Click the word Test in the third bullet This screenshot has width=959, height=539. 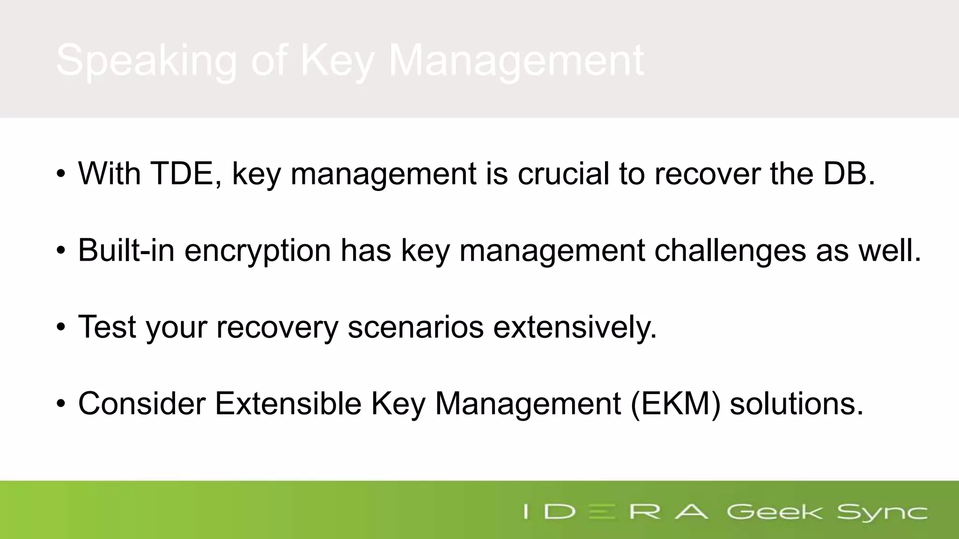click(107, 327)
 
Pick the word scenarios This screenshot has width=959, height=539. click(415, 327)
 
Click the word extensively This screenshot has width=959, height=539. click(575, 328)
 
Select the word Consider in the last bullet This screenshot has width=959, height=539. click(142, 403)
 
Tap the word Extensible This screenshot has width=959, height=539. click(288, 403)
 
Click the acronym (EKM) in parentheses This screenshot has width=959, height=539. click(675, 403)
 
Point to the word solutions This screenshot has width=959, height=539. click(796, 403)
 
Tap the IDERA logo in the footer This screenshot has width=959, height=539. click(615, 511)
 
